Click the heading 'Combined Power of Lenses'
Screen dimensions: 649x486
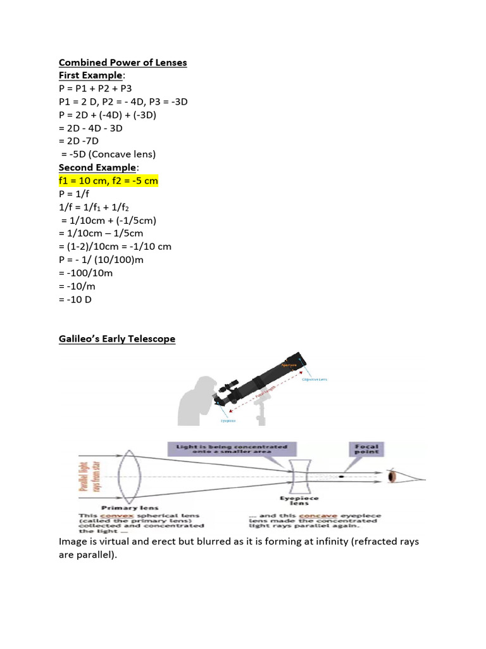123,63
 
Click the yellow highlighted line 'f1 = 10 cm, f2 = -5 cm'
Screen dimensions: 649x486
108,181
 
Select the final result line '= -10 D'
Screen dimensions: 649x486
75,299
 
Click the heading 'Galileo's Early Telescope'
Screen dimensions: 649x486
117,339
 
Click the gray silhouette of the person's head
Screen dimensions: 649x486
201,387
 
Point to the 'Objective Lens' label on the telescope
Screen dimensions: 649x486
315,380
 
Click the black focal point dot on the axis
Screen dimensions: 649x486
341,476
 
